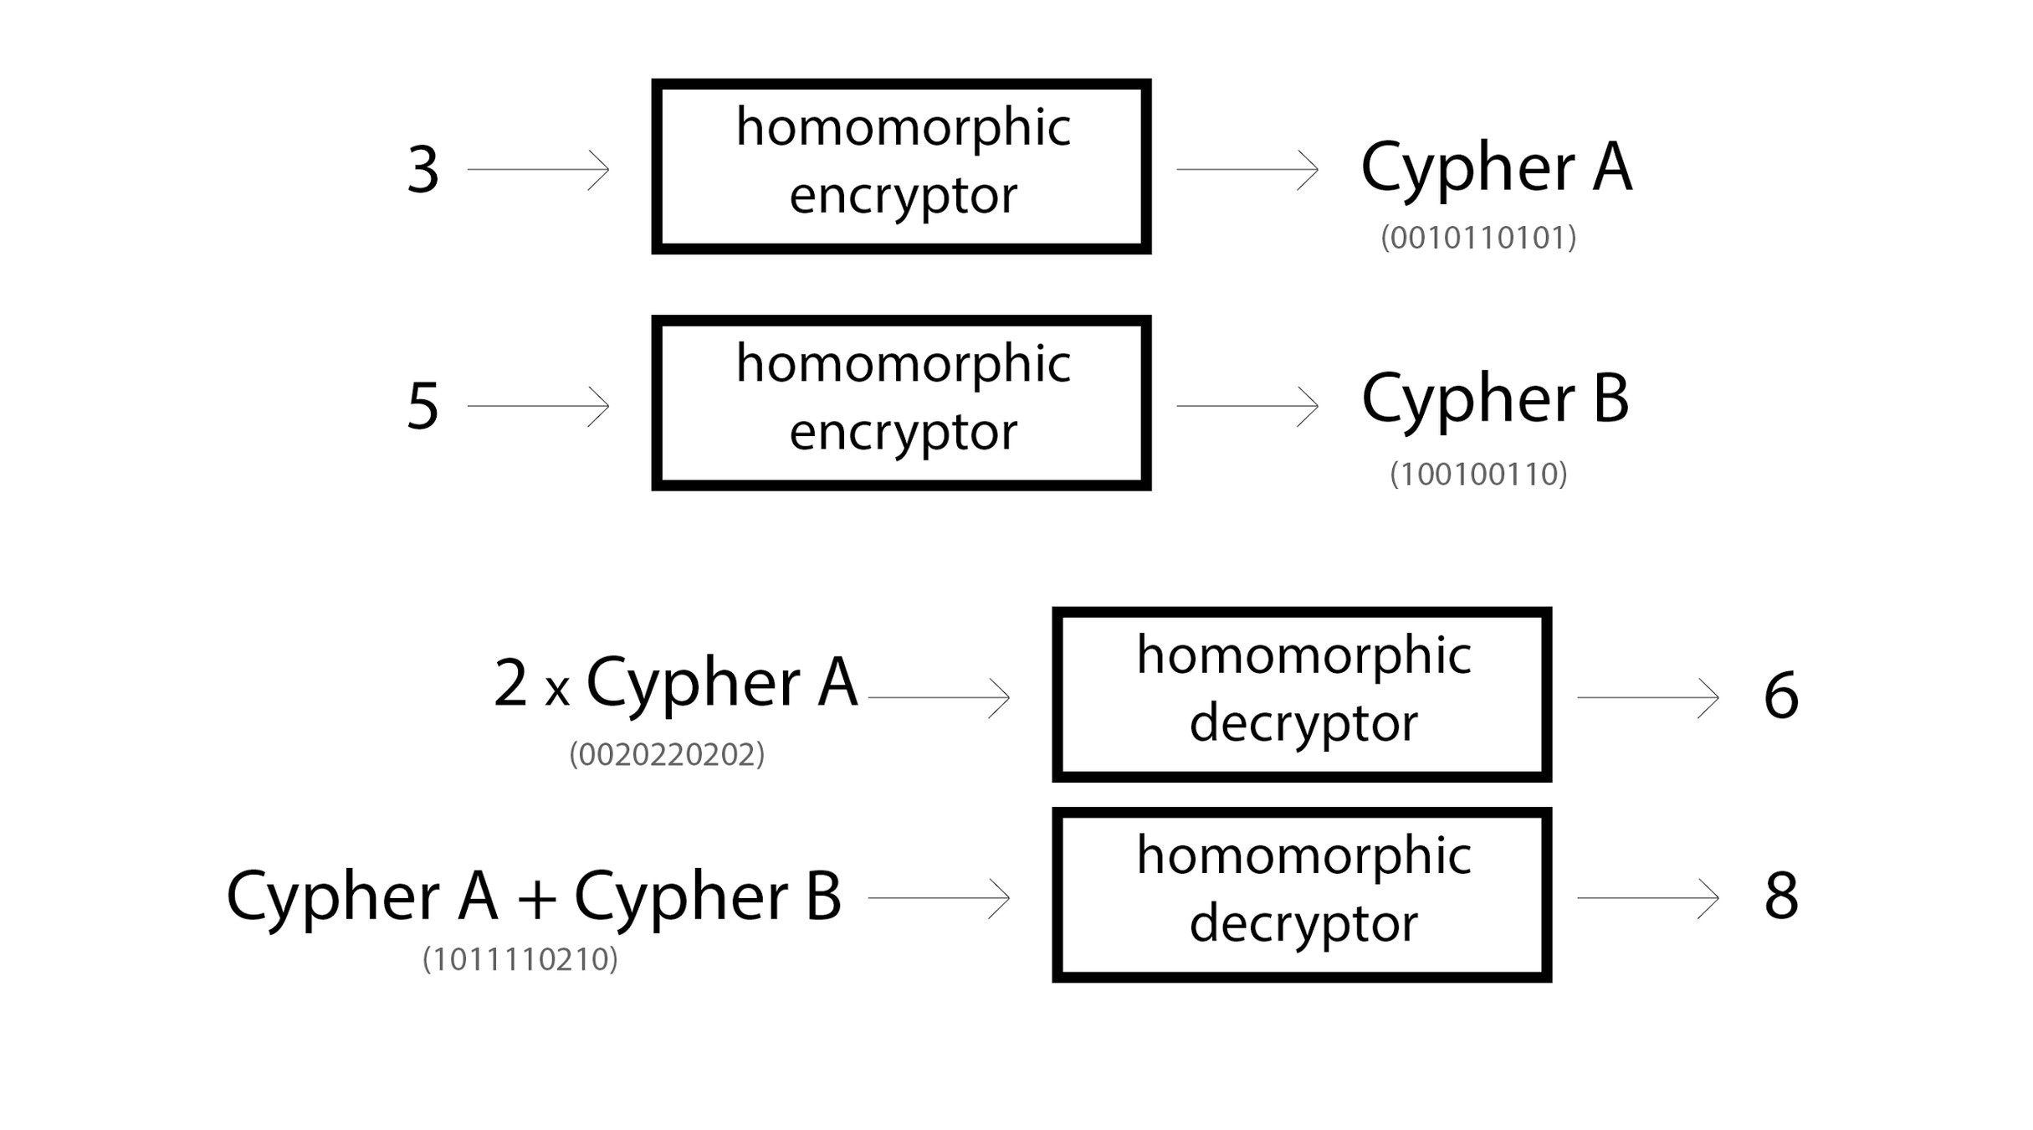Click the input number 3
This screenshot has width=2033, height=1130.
point(422,170)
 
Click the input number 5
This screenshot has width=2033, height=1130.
point(422,407)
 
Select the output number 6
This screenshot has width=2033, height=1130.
point(1780,696)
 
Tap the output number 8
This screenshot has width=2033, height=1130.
point(1780,896)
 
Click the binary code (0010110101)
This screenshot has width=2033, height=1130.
point(1478,239)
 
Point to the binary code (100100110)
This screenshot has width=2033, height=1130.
point(1478,475)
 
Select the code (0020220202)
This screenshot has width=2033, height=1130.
point(667,755)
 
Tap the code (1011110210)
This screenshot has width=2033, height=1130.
point(520,959)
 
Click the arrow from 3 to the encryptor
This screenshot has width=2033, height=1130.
point(538,170)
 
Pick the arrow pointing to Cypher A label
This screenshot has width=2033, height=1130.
point(1247,170)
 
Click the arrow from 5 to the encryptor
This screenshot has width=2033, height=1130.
point(538,407)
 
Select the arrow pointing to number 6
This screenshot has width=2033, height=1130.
point(1647,697)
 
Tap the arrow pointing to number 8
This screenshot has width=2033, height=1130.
point(1647,898)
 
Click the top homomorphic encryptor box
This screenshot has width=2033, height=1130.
point(901,167)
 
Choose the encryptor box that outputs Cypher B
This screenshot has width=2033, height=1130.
point(901,403)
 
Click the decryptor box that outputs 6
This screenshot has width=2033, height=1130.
point(1301,695)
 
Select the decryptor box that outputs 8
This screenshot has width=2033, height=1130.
point(1301,895)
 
